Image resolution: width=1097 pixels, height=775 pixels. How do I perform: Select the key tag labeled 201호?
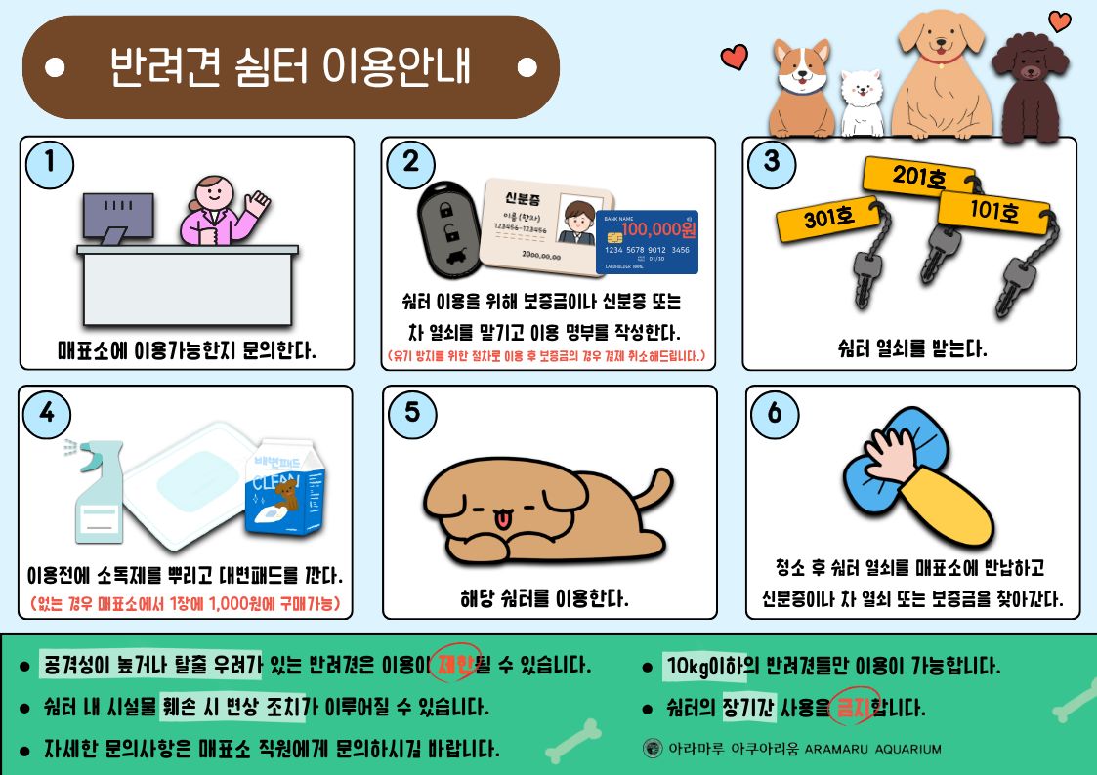point(918,176)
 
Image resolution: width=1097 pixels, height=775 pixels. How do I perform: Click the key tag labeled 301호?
point(827,219)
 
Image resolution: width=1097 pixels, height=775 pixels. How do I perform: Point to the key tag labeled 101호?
point(993,210)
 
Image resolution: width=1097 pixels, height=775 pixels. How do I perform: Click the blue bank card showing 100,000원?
point(647,242)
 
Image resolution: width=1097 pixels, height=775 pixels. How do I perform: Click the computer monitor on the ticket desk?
point(117,218)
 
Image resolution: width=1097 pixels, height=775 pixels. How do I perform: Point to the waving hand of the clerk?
point(257,203)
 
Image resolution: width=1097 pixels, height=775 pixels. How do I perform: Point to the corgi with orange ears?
point(802,87)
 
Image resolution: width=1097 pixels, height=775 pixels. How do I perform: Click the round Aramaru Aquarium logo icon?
point(652,749)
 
